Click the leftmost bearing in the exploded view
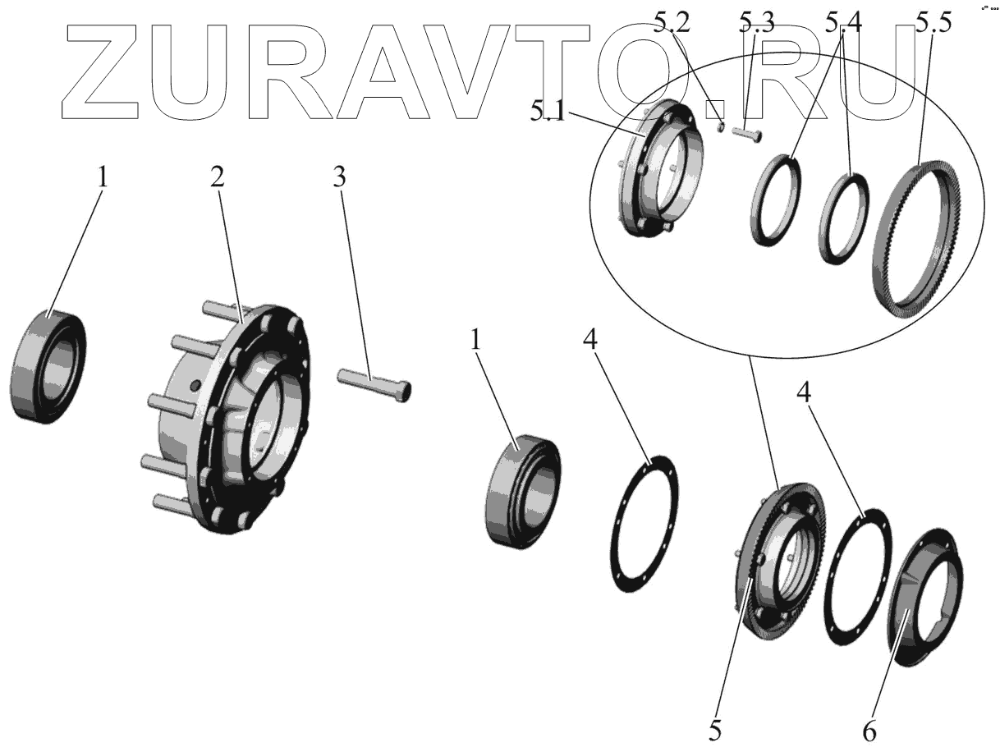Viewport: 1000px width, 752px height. point(48,368)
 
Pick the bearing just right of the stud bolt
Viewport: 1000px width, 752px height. point(523,490)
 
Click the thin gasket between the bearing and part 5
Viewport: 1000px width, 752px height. point(645,525)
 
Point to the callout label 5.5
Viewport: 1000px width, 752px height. point(933,22)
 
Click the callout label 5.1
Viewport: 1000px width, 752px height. point(548,112)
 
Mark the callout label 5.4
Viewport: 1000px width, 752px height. point(843,24)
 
